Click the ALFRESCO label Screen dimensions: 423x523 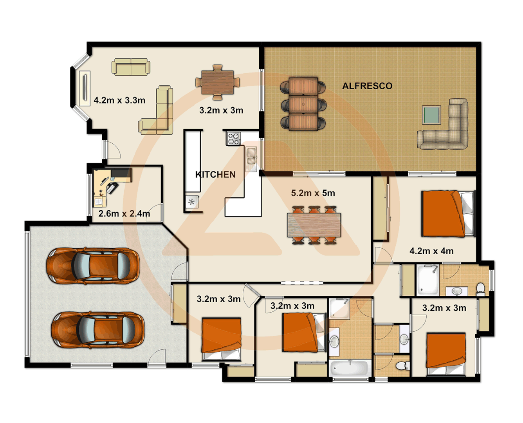click(367, 86)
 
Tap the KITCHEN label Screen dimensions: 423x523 click(215, 175)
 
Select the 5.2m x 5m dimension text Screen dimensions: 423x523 click(313, 193)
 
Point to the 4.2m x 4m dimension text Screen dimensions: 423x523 click(431, 251)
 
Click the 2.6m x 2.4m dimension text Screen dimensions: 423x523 click(124, 214)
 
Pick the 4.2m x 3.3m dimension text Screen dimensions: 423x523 click(119, 101)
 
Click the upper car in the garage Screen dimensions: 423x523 click(93, 266)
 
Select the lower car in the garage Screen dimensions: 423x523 click(98, 329)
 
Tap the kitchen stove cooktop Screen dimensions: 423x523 click(234, 139)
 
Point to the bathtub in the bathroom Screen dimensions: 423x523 click(350, 368)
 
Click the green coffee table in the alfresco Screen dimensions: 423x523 click(431, 115)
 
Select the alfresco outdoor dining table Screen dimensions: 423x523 click(303, 104)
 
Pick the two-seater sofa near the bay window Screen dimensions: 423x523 click(131, 67)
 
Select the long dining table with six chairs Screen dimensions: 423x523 click(314, 225)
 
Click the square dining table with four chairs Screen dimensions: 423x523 click(217, 82)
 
